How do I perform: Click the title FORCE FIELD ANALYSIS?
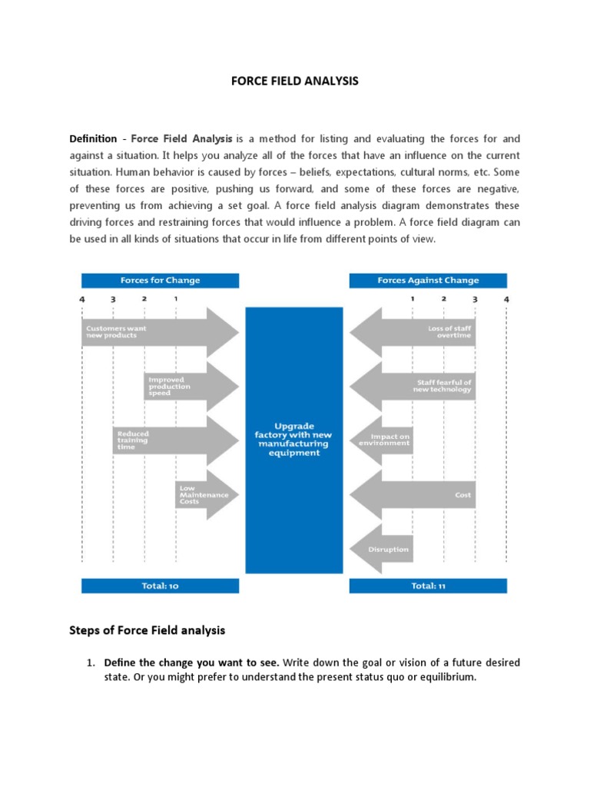(x=295, y=80)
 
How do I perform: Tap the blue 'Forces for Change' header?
(x=160, y=281)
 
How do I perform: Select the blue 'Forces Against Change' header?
(x=428, y=281)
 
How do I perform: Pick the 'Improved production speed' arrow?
(x=191, y=386)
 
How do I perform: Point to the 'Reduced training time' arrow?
(x=175, y=440)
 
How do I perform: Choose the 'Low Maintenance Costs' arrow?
(x=206, y=493)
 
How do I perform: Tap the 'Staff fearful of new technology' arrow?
(x=411, y=386)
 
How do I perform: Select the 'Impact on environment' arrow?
(x=381, y=440)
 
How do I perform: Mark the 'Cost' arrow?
(x=411, y=495)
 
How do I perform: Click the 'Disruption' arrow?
(x=381, y=549)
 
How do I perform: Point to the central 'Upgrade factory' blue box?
(x=294, y=440)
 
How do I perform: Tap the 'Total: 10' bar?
(x=160, y=586)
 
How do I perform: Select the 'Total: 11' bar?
(x=428, y=586)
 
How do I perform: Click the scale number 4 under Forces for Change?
(x=82, y=298)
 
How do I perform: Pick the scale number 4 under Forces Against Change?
(x=506, y=298)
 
